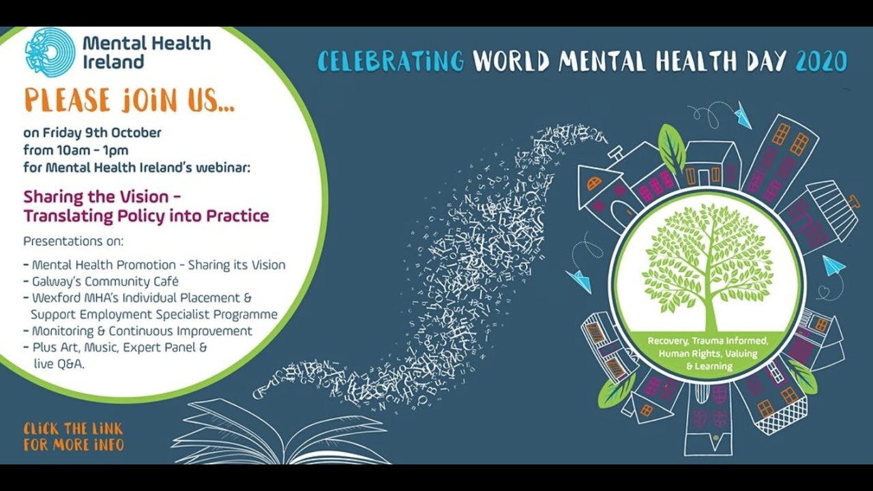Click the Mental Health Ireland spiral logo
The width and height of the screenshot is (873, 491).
50,52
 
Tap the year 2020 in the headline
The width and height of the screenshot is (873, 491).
821,62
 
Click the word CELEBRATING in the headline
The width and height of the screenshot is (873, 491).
391,62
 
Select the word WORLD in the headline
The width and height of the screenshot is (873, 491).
512,62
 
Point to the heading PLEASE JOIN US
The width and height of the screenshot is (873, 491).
130,100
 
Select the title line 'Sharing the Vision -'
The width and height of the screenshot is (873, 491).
102,197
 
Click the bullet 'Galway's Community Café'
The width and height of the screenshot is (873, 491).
106,281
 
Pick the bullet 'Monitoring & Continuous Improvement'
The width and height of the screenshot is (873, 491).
142,331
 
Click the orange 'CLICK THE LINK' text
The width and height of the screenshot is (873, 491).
73,429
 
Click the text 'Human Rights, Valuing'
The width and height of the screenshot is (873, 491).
708,354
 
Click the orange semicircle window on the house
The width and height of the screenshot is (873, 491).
595,183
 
